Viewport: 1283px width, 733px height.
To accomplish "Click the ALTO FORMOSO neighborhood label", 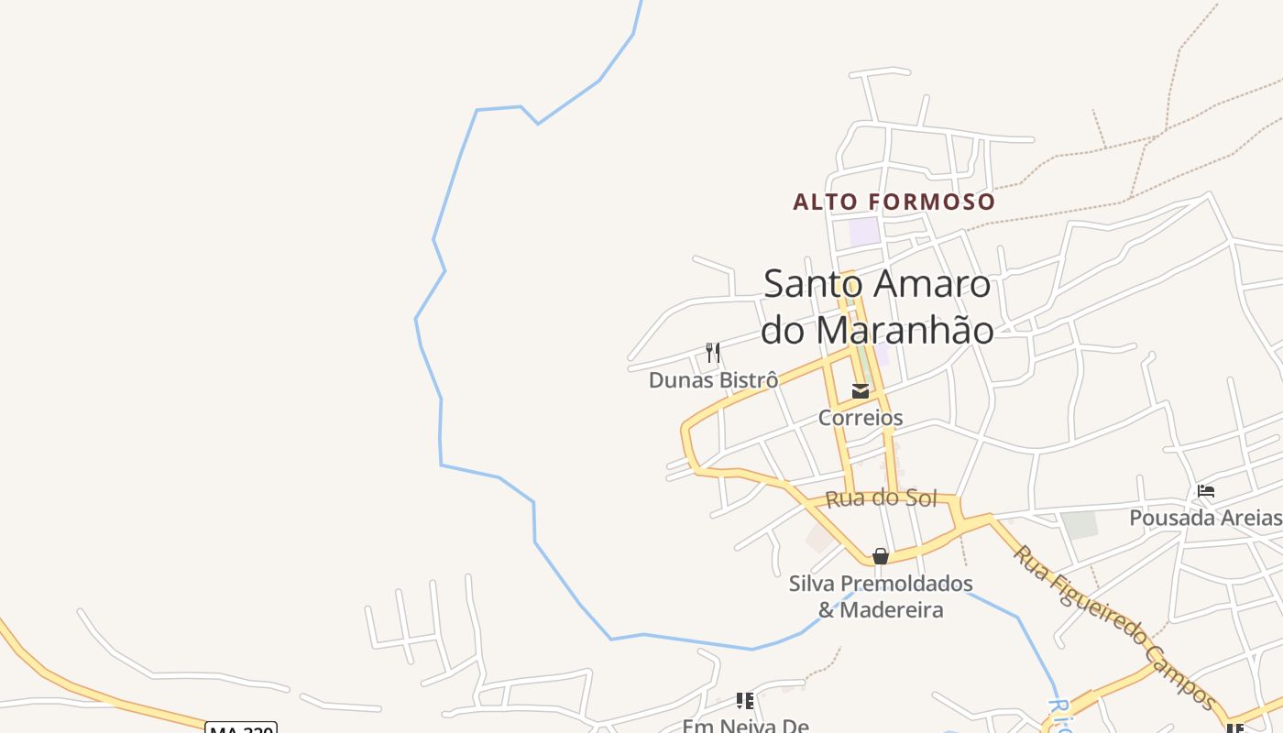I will (894, 202).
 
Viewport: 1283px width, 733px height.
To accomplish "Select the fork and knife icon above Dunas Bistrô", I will (713, 353).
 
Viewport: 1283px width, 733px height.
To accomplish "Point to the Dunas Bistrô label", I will (713, 379).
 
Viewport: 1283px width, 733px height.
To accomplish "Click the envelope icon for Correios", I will (860, 391).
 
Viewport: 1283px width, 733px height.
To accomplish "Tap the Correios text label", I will (860, 418).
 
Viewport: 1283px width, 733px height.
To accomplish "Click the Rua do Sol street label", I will (881, 498).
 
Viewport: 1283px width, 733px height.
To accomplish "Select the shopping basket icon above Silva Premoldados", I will (880, 556).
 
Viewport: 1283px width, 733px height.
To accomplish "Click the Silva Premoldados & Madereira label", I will (880, 596).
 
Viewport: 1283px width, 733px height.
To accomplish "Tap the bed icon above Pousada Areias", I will (1206, 491).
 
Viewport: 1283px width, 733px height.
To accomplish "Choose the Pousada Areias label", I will (1204, 518).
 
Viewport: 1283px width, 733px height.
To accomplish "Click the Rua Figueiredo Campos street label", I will (1113, 628).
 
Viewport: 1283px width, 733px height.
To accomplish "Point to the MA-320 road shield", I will (241, 728).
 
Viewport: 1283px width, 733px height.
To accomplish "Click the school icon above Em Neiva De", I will (745, 701).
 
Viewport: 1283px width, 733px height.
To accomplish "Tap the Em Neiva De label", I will (745, 726).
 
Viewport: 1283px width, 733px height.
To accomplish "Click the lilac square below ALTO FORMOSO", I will (864, 231).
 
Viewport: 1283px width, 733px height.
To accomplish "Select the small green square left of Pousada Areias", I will (1080, 524).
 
